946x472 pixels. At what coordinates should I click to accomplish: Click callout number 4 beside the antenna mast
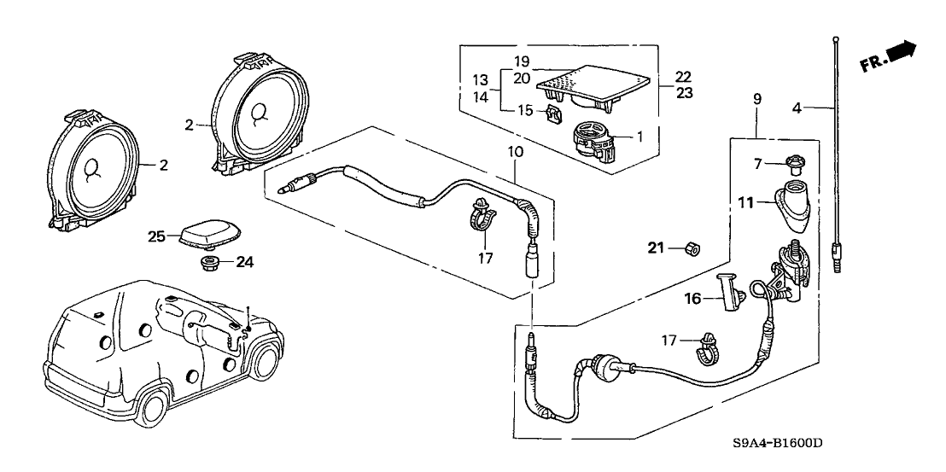pos(797,108)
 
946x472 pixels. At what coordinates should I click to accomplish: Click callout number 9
pos(757,100)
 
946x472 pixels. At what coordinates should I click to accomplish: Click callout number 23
pos(682,93)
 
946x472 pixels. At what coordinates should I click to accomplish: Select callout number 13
pos(481,79)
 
